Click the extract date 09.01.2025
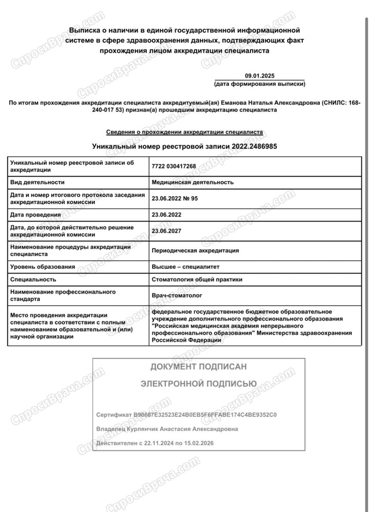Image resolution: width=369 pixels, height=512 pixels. click(259, 75)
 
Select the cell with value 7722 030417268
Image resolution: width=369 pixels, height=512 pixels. click(174, 166)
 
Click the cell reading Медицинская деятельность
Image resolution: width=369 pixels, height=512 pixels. click(192, 182)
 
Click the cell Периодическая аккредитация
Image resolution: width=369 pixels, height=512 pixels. click(195, 250)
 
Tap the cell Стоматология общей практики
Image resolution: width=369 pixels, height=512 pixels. click(197, 280)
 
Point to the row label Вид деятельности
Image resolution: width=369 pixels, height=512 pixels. click(37, 182)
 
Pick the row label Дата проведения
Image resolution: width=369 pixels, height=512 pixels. click(35, 215)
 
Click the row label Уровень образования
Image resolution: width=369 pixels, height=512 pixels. click(42, 267)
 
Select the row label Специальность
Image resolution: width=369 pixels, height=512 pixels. click(33, 280)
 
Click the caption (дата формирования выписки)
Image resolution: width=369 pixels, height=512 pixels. click(259, 83)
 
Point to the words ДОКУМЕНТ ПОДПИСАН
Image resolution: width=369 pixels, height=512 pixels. click(198, 367)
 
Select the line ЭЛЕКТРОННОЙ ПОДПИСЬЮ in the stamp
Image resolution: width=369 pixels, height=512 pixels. click(198, 383)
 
